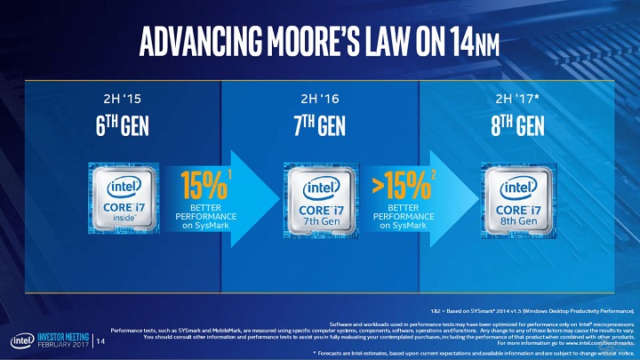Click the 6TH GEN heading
(x=116, y=125)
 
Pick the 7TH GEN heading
(x=319, y=125)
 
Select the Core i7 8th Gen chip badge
(x=517, y=198)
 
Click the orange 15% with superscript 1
(x=202, y=184)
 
